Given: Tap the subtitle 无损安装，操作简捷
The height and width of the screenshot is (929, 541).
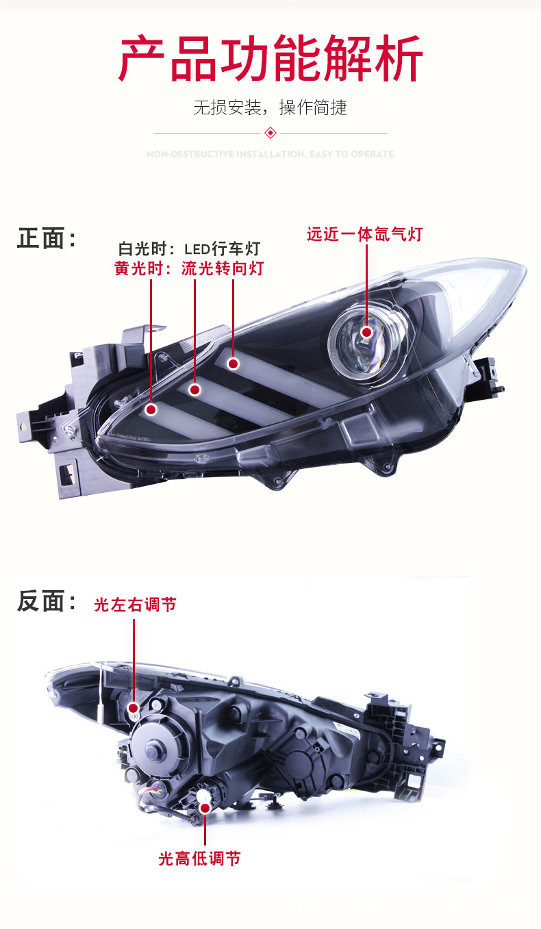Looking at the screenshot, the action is tap(270, 107).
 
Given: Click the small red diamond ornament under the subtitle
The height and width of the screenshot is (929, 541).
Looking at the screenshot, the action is tap(270, 133).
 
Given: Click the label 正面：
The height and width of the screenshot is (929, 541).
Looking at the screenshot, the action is tap(47, 239).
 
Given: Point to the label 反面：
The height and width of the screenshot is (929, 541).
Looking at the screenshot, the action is tap(47, 602).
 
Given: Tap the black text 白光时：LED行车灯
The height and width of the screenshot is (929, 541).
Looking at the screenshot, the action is tap(189, 249).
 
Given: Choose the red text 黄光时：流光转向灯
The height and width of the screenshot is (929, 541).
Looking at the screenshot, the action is tap(189, 268).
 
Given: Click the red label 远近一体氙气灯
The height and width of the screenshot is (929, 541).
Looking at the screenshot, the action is tap(364, 234).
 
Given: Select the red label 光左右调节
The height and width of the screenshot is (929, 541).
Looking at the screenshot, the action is tap(135, 605).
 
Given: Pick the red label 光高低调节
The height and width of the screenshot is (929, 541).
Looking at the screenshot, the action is tap(199, 858).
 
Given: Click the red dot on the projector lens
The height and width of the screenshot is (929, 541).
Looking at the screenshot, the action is tap(367, 333).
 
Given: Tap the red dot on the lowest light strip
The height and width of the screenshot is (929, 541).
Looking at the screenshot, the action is tap(151, 409).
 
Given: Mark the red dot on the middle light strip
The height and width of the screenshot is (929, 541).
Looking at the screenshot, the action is tap(194, 390).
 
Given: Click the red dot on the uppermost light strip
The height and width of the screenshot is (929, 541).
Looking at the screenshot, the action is tap(233, 364).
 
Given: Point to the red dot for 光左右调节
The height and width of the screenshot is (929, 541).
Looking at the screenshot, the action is tap(134, 707).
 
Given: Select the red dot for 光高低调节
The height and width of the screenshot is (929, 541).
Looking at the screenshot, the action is tap(205, 809).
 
